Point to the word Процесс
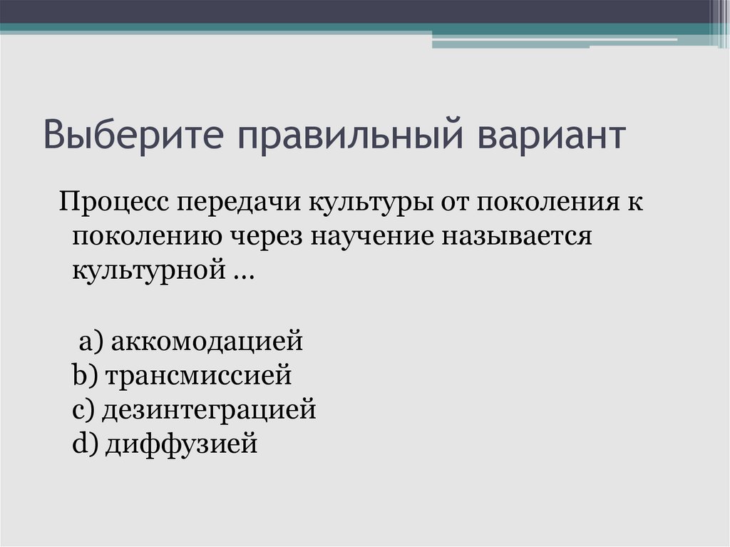pyautogui.click(x=113, y=203)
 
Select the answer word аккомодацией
pyautogui.click(x=207, y=341)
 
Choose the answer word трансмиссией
pyautogui.click(x=199, y=375)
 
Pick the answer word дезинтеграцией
pyautogui.click(x=209, y=409)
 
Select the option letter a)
pyautogui.click(x=92, y=341)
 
